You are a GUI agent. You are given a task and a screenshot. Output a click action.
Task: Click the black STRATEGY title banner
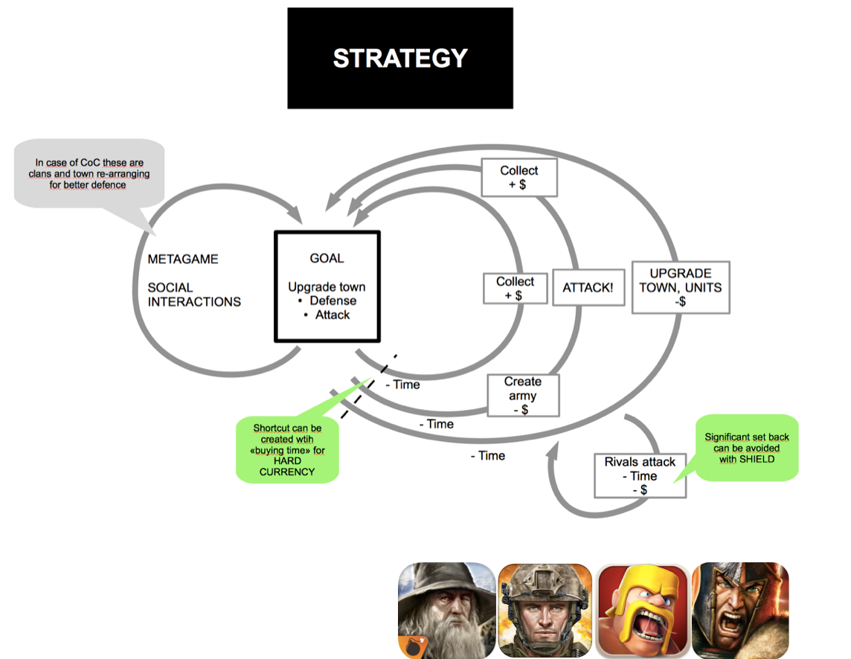coord(400,58)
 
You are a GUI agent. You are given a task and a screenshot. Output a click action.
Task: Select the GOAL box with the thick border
coord(327,286)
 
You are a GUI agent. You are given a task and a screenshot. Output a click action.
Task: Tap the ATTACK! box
coord(588,287)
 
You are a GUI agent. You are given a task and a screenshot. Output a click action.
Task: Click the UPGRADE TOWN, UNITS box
coord(680,287)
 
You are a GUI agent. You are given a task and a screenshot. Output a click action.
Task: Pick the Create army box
coord(522,395)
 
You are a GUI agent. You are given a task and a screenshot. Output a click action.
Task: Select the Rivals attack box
coord(640,476)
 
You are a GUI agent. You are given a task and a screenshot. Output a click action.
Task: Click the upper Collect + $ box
coord(518,178)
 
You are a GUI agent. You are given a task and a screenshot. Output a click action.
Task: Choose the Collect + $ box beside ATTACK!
coord(515,289)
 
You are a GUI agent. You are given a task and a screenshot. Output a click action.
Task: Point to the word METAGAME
coord(183,259)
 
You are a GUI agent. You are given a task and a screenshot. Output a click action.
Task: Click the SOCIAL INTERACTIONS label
coord(194,295)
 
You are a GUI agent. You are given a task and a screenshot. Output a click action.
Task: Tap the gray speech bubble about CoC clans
coord(89,173)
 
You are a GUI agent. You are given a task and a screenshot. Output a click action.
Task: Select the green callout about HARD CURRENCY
coord(286,449)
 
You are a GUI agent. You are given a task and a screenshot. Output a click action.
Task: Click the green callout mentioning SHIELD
coord(746,448)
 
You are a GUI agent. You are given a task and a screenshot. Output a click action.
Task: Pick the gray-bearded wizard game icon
coord(446,610)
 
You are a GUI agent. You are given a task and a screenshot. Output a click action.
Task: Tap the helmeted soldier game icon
coord(545,610)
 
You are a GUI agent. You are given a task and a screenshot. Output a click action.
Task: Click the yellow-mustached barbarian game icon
coord(643,610)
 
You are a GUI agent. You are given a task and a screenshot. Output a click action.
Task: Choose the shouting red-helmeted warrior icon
coord(740,610)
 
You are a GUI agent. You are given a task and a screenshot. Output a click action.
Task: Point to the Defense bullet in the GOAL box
coord(333,300)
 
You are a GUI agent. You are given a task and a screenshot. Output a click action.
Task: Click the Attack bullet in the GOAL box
coord(332,315)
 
